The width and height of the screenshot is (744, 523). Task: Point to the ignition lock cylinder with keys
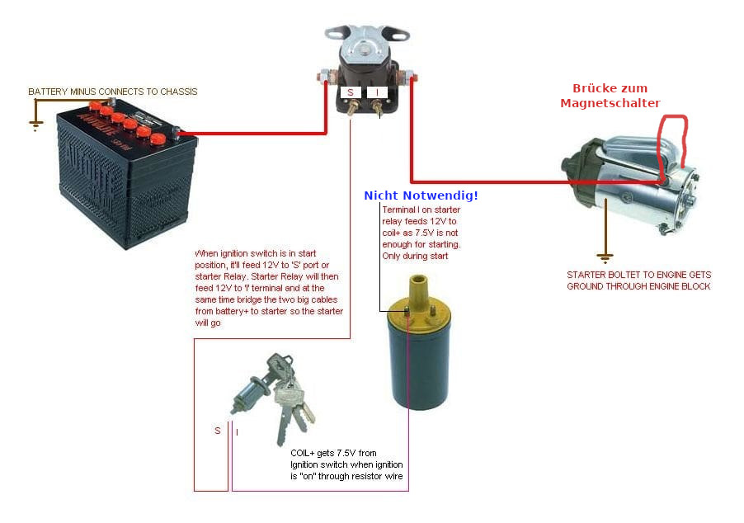coord(272,396)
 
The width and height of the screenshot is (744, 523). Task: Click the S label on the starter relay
coord(351,93)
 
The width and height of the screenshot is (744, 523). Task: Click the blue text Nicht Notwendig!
coord(421,196)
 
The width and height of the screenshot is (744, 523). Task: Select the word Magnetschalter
coord(610,102)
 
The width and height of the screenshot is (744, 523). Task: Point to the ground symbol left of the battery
coord(35,125)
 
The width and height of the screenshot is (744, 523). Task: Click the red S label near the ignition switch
coord(218,431)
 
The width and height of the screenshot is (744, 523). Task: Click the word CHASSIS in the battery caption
coord(177,92)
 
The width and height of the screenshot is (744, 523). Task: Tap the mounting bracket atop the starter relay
coord(367,34)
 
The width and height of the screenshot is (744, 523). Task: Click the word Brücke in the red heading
coord(598,88)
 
